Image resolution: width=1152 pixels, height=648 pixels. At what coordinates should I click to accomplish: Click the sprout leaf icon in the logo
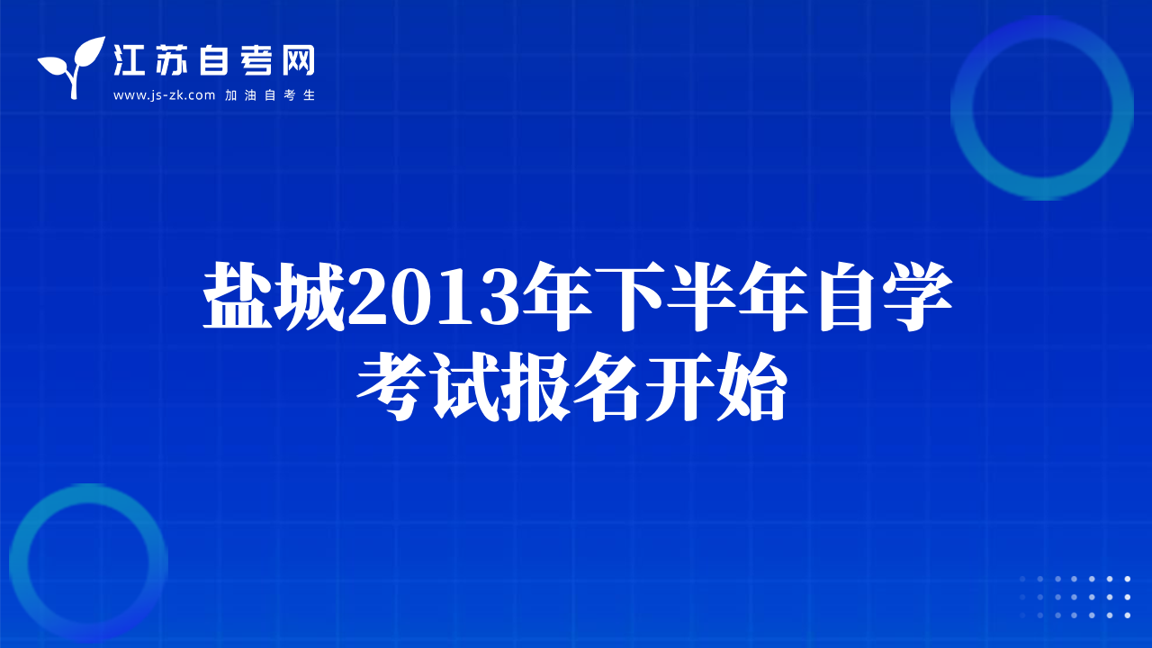pos(73,67)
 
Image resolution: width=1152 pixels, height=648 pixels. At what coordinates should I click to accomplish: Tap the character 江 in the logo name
pos(129,60)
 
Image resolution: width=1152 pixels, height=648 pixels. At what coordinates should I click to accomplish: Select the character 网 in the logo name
pos(298,60)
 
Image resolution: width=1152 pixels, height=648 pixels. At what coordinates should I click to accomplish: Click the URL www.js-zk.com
pos(164,95)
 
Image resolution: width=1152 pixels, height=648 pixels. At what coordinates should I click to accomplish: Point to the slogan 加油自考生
pos(270,95)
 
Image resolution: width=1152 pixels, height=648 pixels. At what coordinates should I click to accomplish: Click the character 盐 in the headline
pos(238,296)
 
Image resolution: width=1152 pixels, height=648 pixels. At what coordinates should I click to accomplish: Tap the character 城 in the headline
pos(310,296)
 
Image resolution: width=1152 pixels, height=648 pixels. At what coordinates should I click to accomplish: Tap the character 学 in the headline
pos(916,296)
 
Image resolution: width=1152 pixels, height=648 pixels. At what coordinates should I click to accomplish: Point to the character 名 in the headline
pos(607,387)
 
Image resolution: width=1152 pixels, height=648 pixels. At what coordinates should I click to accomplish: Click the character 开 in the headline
pos(679,387)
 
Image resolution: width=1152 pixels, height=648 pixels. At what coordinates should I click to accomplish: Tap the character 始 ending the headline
pos(751,387)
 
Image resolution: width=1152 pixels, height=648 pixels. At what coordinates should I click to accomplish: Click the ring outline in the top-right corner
pos(962,108)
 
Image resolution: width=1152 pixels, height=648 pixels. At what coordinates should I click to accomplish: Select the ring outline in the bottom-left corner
pos(19,563)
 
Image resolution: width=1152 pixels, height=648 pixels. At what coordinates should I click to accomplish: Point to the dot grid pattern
pos(1075,597)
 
